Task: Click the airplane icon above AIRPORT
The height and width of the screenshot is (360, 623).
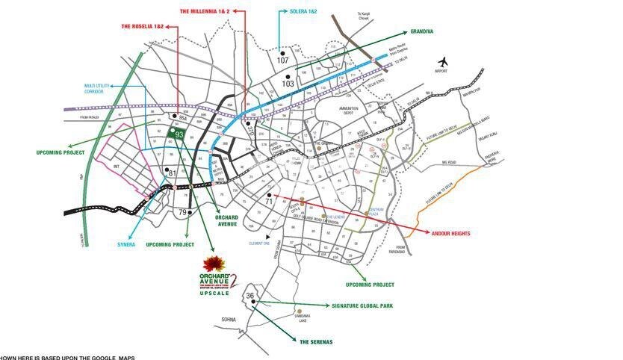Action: click(x=444, y=60)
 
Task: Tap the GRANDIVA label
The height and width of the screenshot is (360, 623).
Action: click(x=421, y=32)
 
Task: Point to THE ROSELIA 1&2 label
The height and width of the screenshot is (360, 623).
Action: click(x=142, y=26)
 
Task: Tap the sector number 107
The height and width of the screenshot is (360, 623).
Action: click(x=283, y=60)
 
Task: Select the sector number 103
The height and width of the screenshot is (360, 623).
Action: click(x=288, y=83)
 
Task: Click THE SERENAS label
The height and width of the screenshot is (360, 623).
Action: click(x=315, y=341)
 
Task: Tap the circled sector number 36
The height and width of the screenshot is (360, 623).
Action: click(x=251, y=297)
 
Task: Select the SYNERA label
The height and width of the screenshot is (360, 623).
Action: click(x=126, y=244)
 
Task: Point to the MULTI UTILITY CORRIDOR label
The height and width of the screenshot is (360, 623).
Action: click(x=99, y=89)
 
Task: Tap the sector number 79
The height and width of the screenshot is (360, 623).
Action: click(x=182, y=213)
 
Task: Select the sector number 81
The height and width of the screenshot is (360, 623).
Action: click(x=172, y=173)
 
